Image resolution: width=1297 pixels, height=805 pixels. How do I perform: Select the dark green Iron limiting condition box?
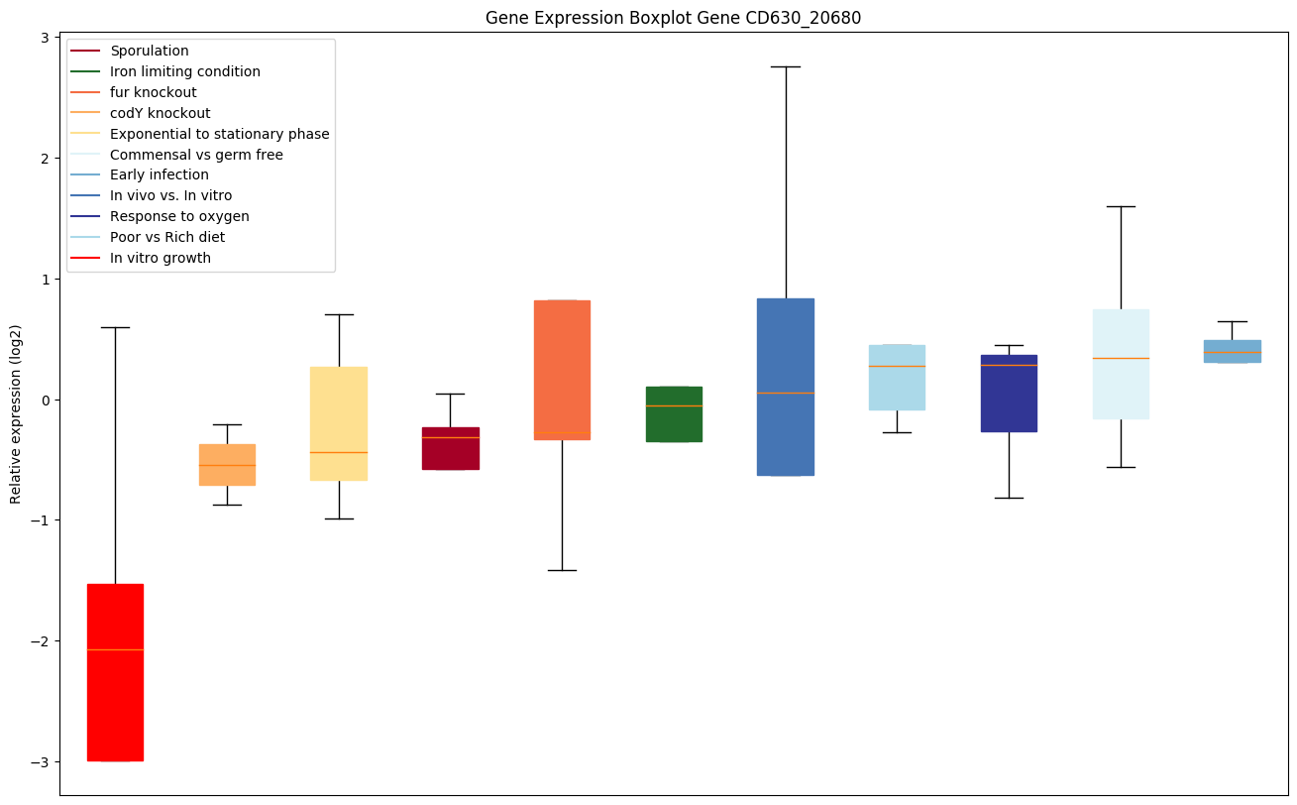(674, 414)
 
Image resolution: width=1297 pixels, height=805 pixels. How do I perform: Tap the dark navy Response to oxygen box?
(1009, 394)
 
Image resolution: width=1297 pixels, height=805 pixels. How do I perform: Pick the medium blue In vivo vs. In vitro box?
(786, 387)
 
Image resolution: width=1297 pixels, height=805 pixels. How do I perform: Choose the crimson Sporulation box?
(451, 448)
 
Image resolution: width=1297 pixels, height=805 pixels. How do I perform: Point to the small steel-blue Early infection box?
(1232, 351)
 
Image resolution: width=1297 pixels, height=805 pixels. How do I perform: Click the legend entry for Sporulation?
(150, 51)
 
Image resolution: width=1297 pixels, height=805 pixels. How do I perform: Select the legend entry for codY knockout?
(160, 113)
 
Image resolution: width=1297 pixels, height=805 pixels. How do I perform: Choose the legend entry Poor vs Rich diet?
(167, 237)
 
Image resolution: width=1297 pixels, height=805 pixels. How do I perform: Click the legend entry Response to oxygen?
(179, 216)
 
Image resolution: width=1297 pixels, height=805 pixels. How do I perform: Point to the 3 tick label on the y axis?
(46, 37)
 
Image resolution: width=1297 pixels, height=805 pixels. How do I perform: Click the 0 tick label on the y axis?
(46, 400)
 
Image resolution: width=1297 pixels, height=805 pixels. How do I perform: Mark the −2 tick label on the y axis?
(41, 641)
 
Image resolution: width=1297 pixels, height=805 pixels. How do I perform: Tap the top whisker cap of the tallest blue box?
(786, 66)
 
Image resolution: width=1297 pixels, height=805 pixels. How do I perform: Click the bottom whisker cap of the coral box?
(562, 570)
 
